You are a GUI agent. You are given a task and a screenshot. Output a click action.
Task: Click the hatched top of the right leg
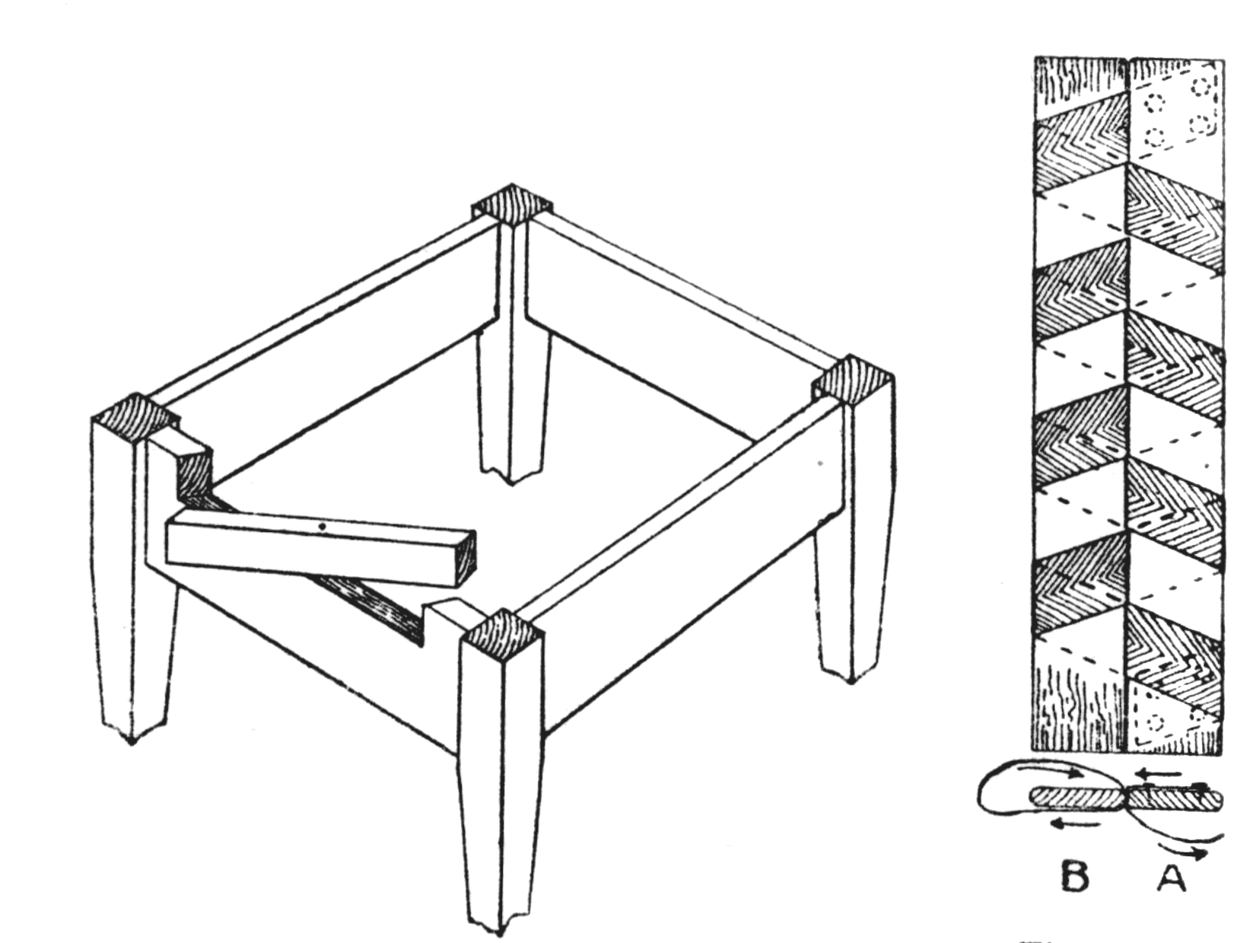tap(853, 379)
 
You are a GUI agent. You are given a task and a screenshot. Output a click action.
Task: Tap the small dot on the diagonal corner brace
tap(323, 527)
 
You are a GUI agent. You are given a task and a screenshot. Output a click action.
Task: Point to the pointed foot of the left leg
tap(132, 741)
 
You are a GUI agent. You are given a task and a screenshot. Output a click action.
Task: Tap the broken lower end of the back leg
tap(511, 476)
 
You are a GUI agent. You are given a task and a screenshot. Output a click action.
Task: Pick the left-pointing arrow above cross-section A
tap(1157, 773)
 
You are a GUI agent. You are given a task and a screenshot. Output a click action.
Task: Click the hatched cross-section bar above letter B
tap(1076, 798)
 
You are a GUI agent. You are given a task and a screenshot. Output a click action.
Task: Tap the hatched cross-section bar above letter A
tap(1175, 798)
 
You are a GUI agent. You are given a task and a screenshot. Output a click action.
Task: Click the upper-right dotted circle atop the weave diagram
tap(1201, 88)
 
